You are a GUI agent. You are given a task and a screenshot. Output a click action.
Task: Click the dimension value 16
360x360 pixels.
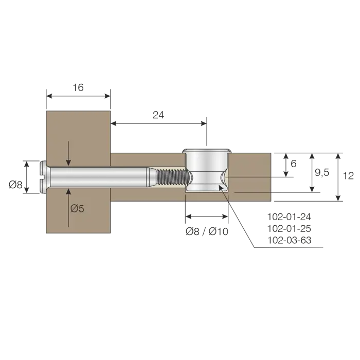pyautogui.click(x=78, y=87)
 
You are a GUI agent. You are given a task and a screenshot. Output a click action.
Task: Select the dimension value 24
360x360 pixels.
pyautogui.click(x=158, y=115)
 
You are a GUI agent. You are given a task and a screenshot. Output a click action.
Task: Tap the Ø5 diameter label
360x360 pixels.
pyautogui.click(x=77, y=208)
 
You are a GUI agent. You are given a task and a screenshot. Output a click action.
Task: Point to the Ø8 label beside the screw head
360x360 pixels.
pyautogui.click(x=15, y=184)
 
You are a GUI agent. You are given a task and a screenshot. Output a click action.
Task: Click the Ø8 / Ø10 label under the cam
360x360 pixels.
pyautogui.click(x=207, y=231)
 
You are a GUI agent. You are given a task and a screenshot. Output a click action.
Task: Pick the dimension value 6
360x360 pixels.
pyautogui.click(x=294, y=164)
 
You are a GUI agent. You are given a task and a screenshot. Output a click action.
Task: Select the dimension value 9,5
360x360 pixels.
pyautogui.click(x=322, y=172)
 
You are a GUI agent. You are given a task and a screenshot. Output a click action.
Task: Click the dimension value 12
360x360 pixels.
pyautogui.click(x=348, y=176)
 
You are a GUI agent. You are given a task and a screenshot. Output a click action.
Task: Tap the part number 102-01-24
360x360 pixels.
pyautogui.click(x=289, y=217)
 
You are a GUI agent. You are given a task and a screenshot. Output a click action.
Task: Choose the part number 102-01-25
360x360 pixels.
pyautogui.click(x=289, y=228)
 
